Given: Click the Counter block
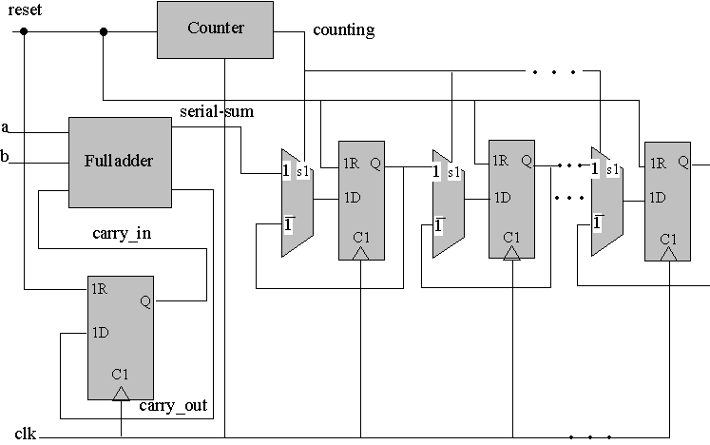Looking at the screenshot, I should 216,29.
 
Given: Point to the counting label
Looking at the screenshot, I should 344,30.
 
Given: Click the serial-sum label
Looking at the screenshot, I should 217,111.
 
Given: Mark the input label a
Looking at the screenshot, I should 6,127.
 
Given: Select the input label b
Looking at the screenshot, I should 6,156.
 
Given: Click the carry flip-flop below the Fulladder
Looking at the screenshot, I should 123,338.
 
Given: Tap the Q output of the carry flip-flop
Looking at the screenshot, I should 145,300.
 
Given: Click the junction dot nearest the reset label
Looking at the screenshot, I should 24,31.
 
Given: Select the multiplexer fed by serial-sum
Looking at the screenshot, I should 296,202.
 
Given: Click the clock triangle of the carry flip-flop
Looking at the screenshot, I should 121,392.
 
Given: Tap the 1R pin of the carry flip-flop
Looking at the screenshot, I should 100,288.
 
